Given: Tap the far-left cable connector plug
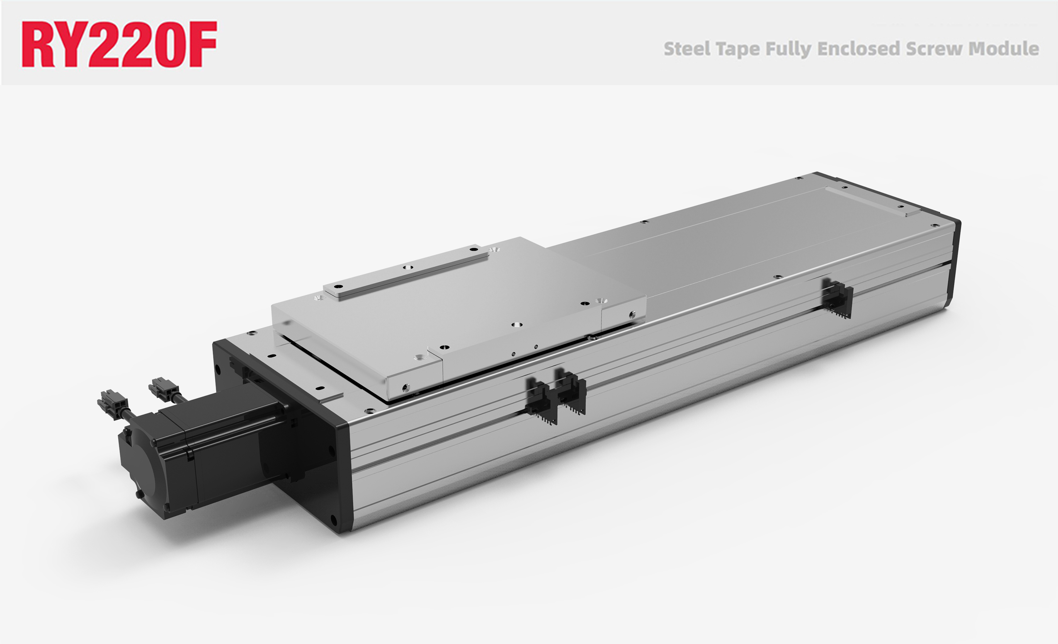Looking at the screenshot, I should click(x=112, y=401).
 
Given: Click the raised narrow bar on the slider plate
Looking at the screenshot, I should click(x=406, y=273).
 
